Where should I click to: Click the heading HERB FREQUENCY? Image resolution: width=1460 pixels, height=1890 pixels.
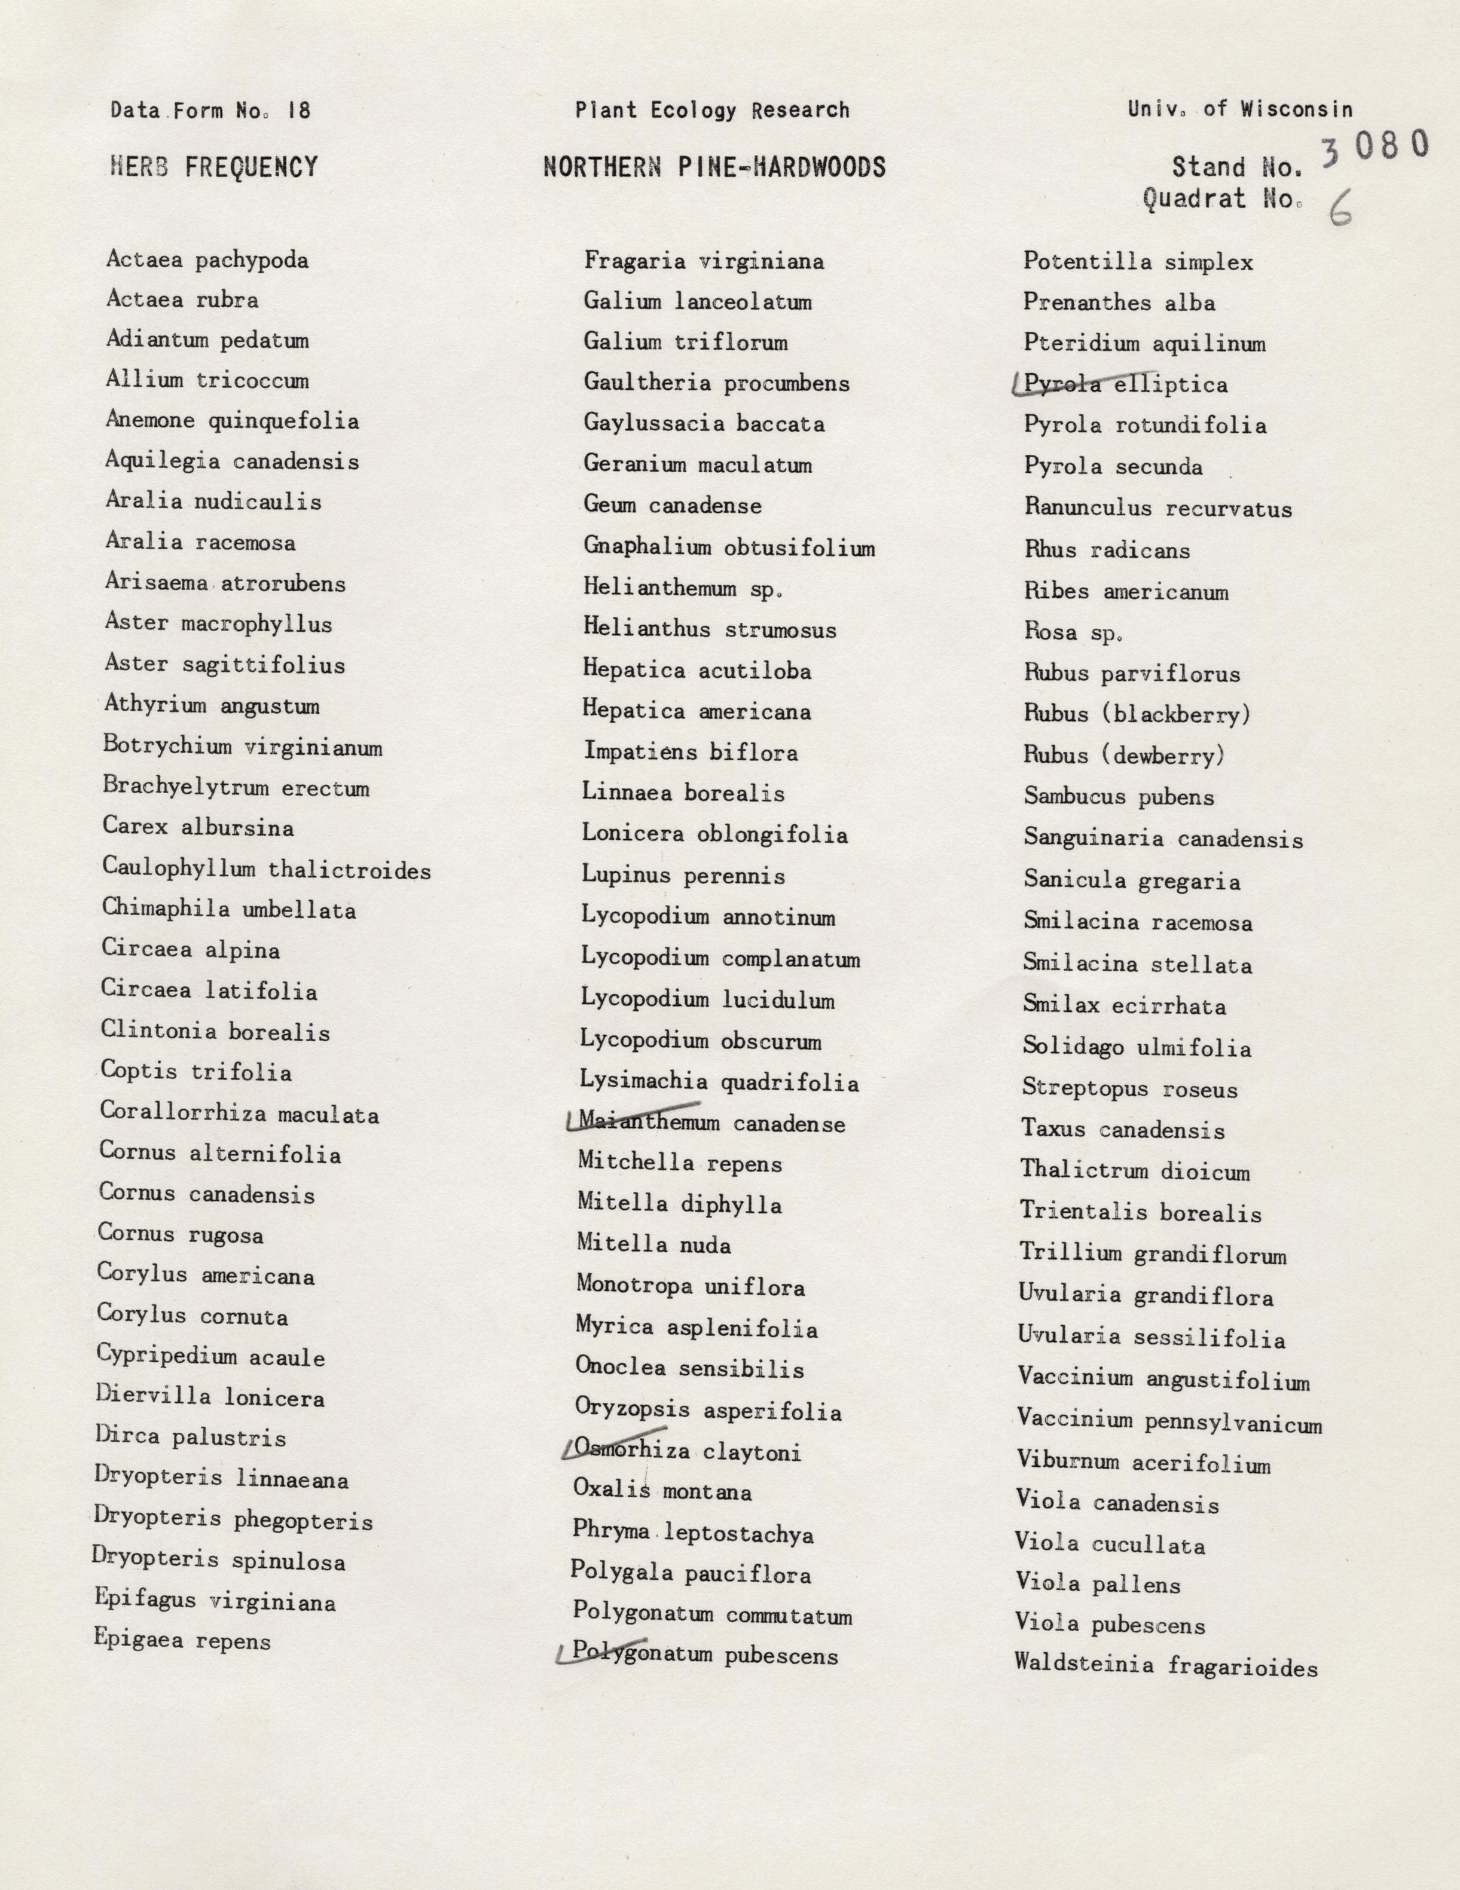tap(214, 166)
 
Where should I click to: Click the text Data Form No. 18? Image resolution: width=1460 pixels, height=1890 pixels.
tap(210, 111)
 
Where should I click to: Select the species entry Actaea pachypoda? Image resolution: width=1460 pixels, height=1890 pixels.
tap(207, 259)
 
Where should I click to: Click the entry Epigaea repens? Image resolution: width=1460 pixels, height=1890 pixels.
tap(182, 1641)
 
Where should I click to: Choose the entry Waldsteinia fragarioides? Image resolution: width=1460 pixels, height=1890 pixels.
tap(1166, 1665)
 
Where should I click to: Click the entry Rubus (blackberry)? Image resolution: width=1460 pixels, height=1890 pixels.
tap(1137, 714)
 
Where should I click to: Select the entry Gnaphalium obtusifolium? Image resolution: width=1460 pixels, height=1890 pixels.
tap(729, 547)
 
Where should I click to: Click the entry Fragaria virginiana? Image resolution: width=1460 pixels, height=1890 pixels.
tap(704, 261)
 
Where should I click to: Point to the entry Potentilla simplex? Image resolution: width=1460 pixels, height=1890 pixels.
tap(1138, 261)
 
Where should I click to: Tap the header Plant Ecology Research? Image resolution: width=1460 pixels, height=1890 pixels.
tap(712, 110)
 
